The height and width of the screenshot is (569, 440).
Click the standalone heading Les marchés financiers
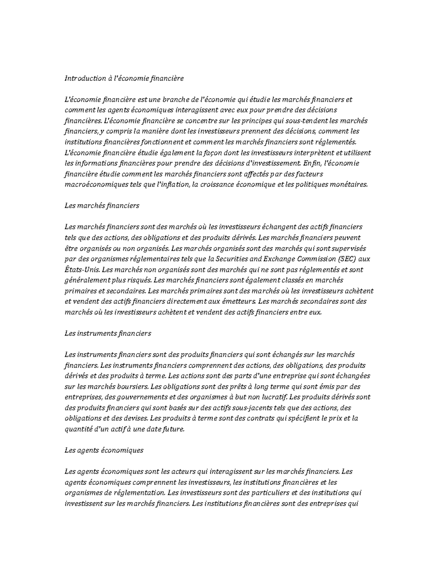(x=102, y=206)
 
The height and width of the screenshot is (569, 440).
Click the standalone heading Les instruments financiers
(x=107, y=333)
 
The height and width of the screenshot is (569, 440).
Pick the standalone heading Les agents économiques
(x=103, y=450)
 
